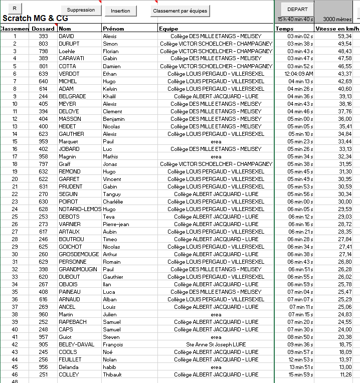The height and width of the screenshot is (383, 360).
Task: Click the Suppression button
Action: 81,10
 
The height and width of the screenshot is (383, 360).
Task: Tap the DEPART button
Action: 297,9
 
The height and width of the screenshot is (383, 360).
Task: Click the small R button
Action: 15,9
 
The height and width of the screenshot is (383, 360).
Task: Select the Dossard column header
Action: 43,29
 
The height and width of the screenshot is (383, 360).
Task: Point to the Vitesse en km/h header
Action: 338,29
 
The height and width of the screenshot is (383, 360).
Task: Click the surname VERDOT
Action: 68,74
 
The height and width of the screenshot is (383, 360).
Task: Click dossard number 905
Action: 43,344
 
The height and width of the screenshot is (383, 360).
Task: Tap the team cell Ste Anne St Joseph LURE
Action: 216,344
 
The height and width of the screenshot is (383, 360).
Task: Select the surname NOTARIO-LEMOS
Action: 80,209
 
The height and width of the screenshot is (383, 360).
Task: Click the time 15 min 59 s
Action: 300,374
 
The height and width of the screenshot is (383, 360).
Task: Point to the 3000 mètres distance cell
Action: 337,19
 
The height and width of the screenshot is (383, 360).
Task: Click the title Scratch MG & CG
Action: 35,19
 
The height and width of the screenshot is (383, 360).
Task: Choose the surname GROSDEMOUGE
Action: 79,254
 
